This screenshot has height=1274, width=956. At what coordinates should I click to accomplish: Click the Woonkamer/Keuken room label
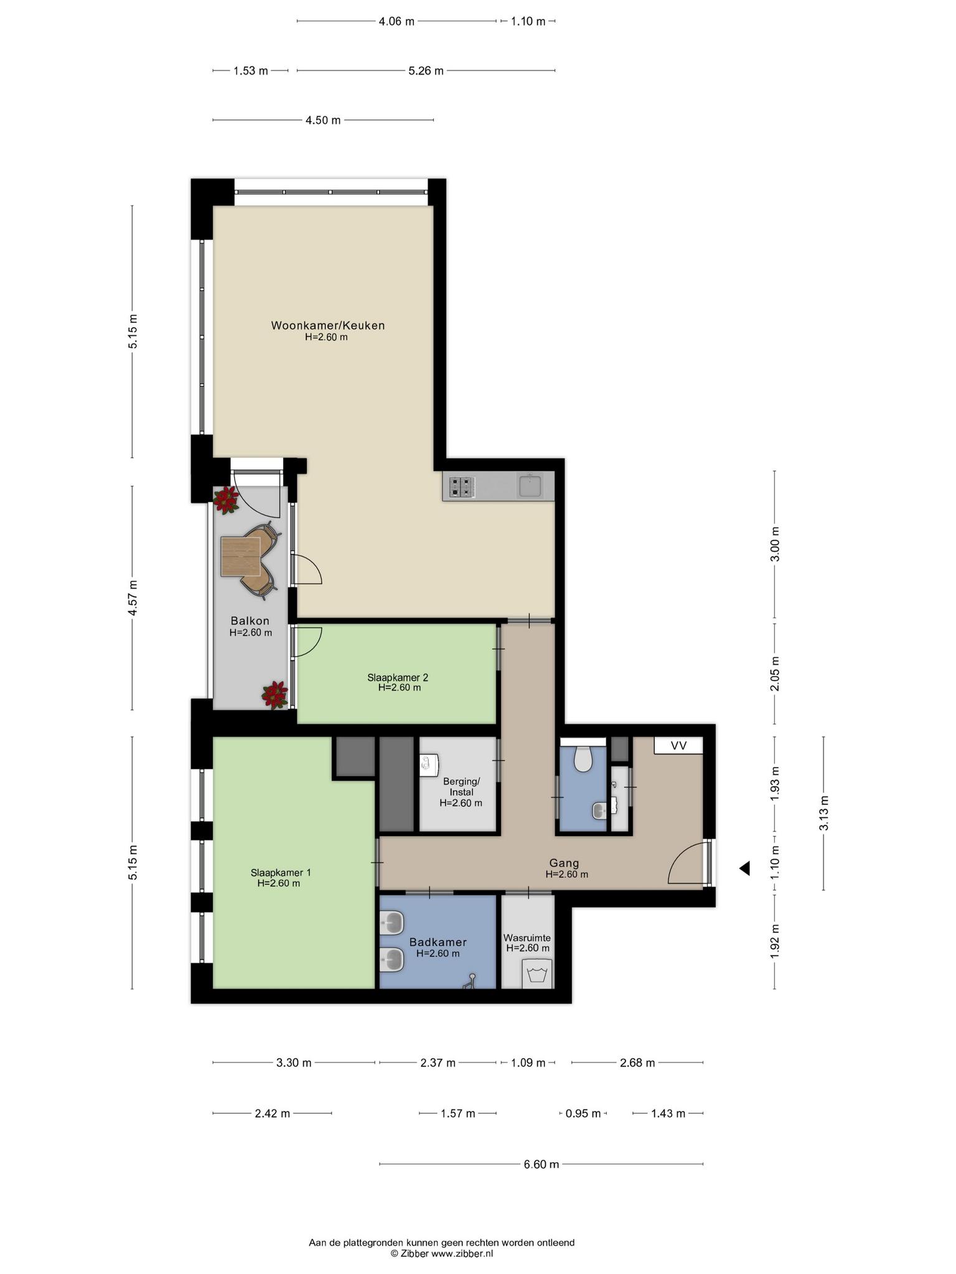click(327, 325)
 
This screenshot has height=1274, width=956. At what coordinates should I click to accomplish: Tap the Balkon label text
click(250, 620)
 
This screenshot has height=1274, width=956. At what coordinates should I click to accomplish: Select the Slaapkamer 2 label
click(398, 677)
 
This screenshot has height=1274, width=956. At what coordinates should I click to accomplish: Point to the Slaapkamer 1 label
click(281, 872)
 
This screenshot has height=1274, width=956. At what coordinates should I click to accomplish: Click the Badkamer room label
click(438, 942)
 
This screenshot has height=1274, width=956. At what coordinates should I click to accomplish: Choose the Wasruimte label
click(527, 937)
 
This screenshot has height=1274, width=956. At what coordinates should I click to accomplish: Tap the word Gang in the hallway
click(564, 863)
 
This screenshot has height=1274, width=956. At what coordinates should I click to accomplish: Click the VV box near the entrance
click(678, 745)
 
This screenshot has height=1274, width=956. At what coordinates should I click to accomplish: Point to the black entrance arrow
click(744, 868)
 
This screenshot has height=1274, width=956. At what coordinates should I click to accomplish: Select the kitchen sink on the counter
click(530, 485)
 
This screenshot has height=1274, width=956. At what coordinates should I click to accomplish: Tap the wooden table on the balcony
click(240, 556)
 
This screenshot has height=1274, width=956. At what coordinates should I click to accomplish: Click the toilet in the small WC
click(583, 758)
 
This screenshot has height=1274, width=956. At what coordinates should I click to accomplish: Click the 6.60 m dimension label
click(541, 1164)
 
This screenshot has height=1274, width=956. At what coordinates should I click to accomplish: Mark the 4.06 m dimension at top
click(396, 21)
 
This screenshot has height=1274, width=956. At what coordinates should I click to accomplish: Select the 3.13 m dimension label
click(823, 813)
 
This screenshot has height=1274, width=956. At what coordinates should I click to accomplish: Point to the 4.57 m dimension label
click(132, 598)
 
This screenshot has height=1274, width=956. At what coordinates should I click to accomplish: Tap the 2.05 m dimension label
click(774, 674)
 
